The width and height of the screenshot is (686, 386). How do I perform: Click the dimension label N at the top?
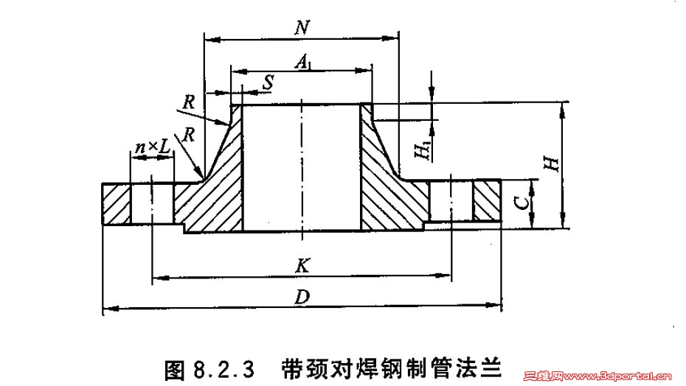[x=300, y=27]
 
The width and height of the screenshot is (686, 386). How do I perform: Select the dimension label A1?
[x=302, y=62]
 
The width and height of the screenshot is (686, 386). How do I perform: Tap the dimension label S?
[x=266, y=84]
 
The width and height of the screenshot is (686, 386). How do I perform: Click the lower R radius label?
[x=190, y=135]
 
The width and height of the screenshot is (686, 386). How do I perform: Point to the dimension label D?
[x=301, y=298]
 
